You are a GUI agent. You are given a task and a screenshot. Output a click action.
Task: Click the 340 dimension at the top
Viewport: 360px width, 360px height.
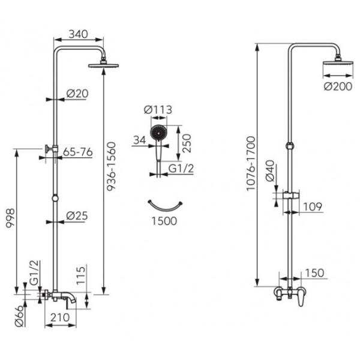click(x=78, y=34)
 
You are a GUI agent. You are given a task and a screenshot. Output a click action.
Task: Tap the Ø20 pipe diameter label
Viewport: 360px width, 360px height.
click(x=77, y=94)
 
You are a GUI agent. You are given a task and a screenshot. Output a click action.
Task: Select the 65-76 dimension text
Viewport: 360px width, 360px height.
click(x=78, y=152)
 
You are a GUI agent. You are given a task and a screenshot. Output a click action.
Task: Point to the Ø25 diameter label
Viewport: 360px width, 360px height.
click(x=77, y=216)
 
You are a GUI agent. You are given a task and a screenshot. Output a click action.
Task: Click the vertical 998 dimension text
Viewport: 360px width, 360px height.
click(x=10, y=218)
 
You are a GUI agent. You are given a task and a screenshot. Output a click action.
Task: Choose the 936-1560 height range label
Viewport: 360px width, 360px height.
click(x=112, y=166)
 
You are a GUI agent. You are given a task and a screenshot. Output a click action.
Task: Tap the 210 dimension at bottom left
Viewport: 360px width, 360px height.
click(x=60, y=317)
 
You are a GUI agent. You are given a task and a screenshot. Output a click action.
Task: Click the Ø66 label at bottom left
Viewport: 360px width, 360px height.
click(x=19, y=316)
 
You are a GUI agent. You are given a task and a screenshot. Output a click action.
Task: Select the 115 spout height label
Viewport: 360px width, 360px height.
click(x=81, y=275)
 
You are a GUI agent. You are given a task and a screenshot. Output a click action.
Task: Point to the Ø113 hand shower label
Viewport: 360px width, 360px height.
click(x=158, y=110)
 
